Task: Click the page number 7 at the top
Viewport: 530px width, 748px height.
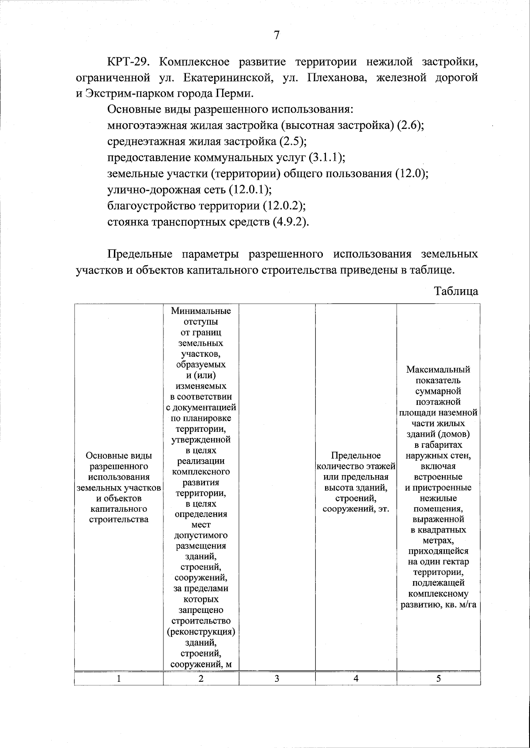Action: coord(276,35)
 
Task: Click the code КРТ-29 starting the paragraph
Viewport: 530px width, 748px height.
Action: coord(130,61)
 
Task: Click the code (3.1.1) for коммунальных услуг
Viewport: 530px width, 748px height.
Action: coord(326,158)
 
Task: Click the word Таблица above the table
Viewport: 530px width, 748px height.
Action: coord(456,291)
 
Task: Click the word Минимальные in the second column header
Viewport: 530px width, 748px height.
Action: coord(201,311)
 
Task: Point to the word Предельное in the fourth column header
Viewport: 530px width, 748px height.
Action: coord(356,455)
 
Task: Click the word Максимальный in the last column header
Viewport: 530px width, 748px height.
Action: coord(438,370)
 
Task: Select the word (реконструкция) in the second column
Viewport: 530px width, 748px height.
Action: coord(201,631)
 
